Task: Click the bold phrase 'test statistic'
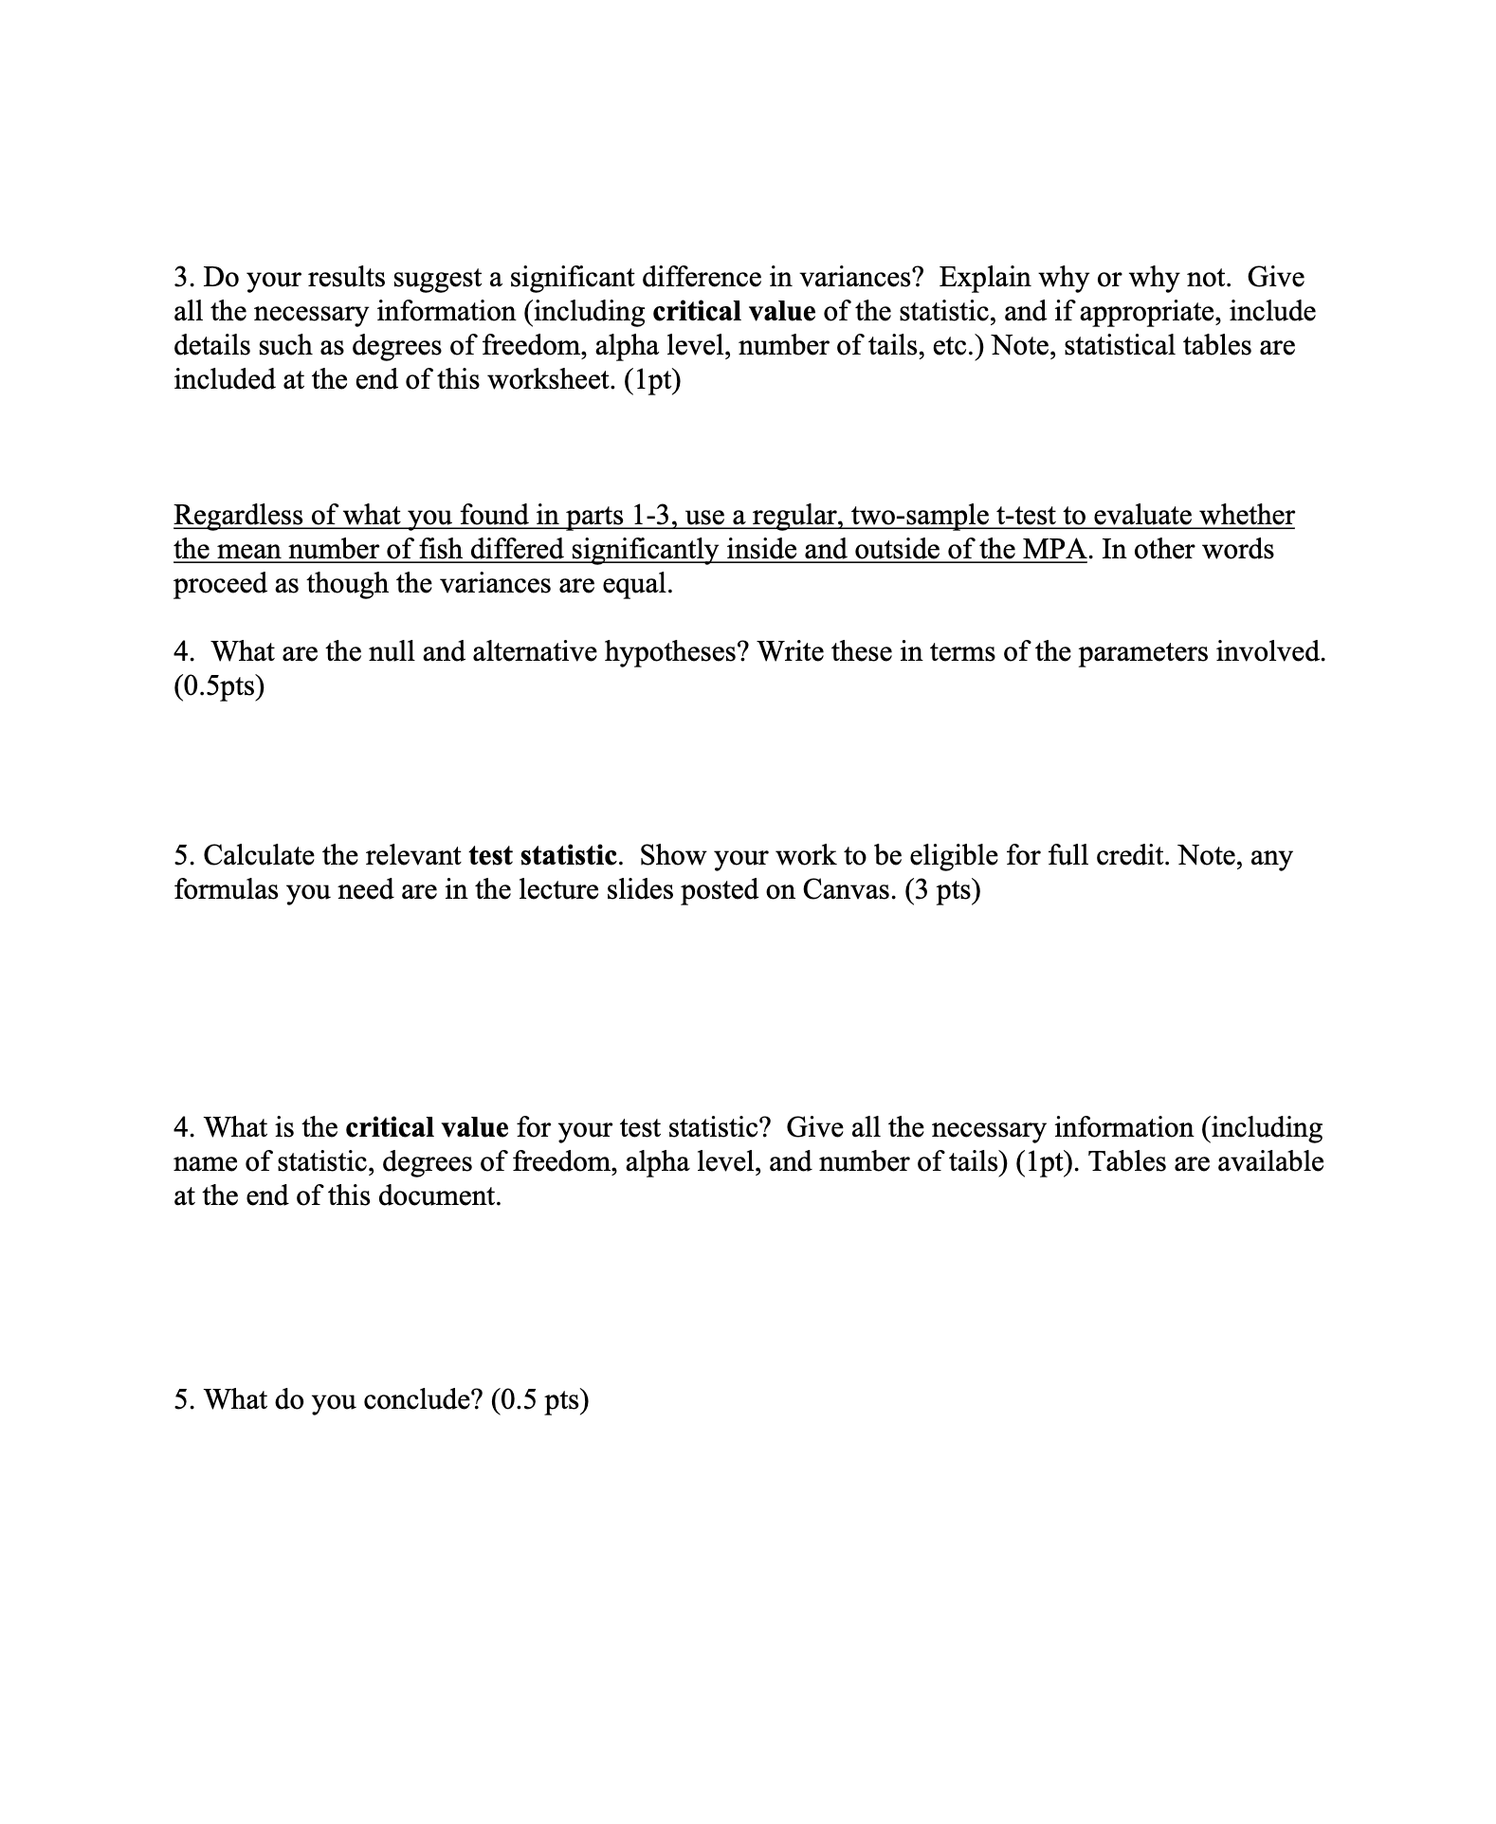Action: (x=543, y=855)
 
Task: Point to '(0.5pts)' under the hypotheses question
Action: (x=219, y=686)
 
